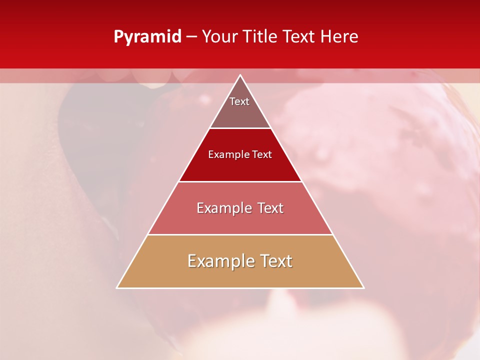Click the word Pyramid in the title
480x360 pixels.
(147, 37)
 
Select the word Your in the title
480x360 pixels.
(219, 36)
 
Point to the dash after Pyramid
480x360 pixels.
(191, 37)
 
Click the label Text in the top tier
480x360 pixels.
(239, 101)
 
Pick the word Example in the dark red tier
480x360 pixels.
(228, 154)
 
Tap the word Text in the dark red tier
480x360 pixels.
(262, 154)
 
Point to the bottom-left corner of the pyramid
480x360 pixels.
(117, 287)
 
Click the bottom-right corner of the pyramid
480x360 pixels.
(363, 287)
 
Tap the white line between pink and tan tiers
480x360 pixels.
(240, 234)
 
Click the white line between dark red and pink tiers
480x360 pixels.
(240, 181)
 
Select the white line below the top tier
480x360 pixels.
(240, 128)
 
